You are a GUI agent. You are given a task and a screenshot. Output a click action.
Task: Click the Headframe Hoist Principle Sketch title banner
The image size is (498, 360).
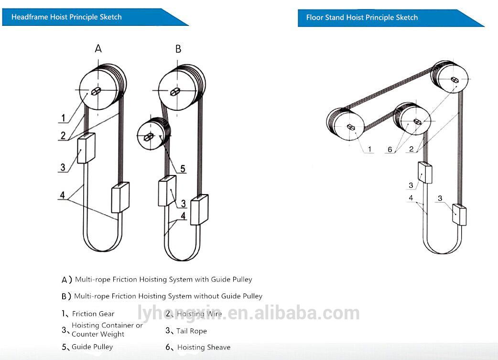pos(67,17)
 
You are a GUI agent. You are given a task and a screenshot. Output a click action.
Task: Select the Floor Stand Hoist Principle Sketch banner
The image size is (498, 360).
pos(362,18)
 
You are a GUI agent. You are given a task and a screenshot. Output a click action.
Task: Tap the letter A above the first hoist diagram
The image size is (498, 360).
pos(98,48)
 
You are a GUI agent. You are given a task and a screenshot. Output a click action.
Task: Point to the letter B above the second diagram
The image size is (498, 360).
pos(178,49)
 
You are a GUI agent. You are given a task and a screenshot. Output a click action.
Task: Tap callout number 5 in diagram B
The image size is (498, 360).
pos(183,169)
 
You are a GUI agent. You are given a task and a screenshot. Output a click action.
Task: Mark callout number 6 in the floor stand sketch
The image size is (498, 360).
pos(390,150)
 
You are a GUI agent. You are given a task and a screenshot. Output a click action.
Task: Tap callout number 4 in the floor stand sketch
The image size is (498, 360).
pos(411,198)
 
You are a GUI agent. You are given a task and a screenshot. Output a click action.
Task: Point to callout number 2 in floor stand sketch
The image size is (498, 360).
pos(411,149)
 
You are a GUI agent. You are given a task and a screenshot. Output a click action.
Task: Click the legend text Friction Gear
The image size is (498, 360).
pos(93,314)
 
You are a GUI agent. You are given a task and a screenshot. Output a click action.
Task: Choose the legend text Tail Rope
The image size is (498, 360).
pos(191,331)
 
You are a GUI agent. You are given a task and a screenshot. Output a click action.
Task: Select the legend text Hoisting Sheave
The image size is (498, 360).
pos(204,348)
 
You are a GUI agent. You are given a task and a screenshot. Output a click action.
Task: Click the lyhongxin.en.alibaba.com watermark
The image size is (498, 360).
pos(249,314)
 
